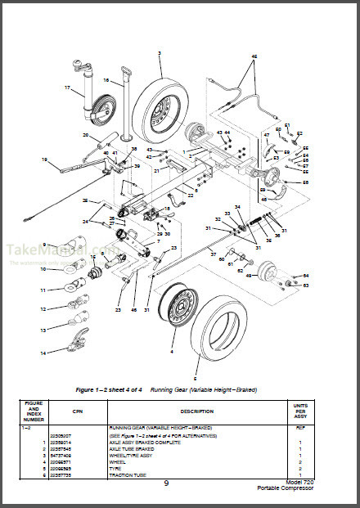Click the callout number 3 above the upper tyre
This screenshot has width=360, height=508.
pos(160,52)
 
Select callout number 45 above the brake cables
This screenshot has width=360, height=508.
pos(254,56)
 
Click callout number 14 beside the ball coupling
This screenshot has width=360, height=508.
pos(43,353)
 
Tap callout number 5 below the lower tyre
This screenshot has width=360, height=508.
pos(195,379)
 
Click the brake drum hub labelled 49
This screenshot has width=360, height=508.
pos(266,274)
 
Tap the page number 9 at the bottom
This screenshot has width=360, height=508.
pos(166,483)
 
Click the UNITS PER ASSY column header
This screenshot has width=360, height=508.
pos(299,411)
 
